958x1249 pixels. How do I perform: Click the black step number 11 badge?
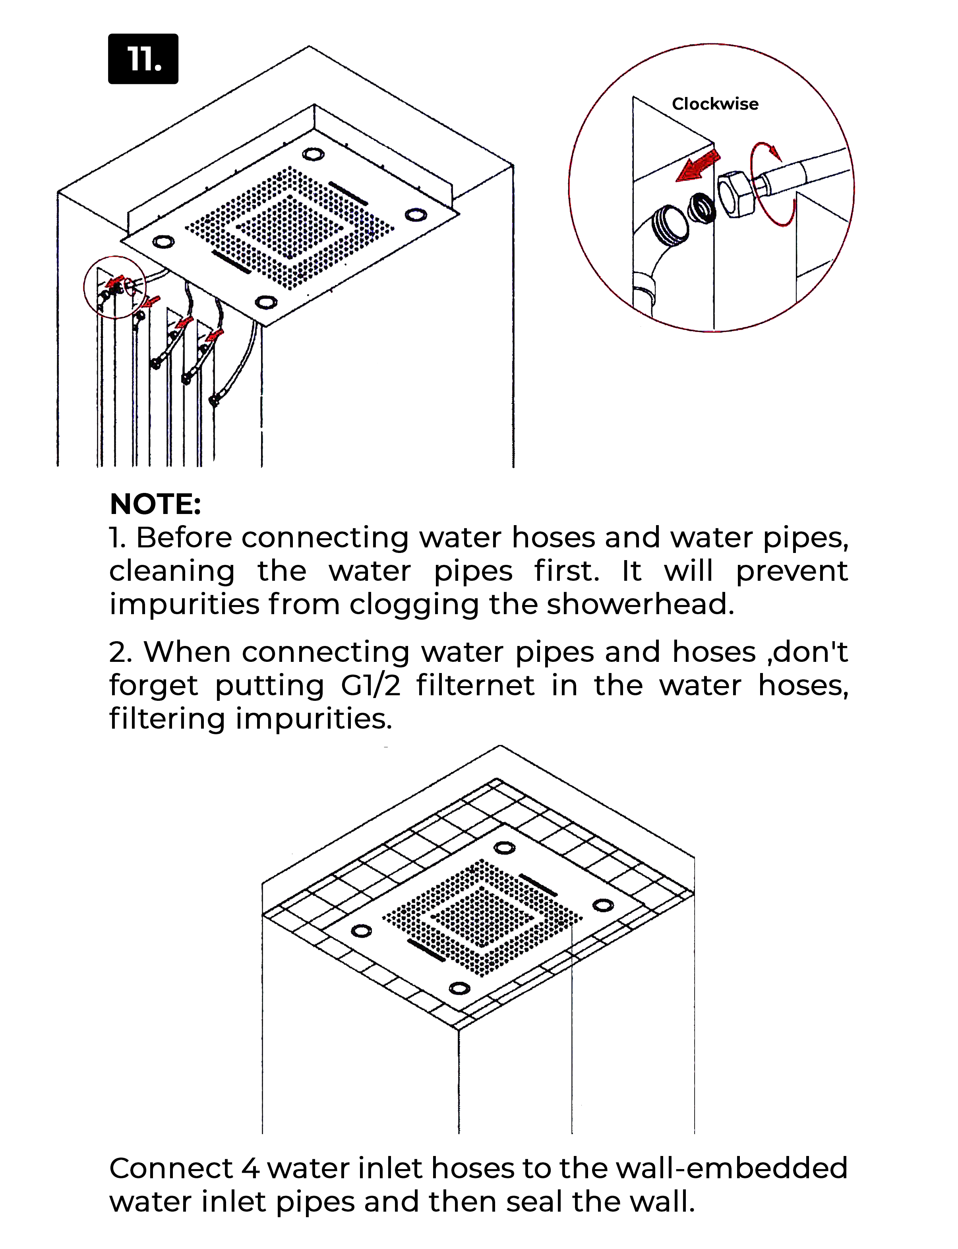coord(143,59)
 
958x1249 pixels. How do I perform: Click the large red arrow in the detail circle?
coord(698,166)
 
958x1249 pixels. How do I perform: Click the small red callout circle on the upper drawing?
coord(114,287)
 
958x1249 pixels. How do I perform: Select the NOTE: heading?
coord(155,504)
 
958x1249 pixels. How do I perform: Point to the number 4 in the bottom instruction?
coord(250,1169)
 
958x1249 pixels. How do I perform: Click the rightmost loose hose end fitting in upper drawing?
coord(215,399)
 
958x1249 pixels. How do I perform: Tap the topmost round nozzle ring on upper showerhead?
coord(313,154)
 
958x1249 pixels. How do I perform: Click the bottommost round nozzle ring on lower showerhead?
coord(460,988)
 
